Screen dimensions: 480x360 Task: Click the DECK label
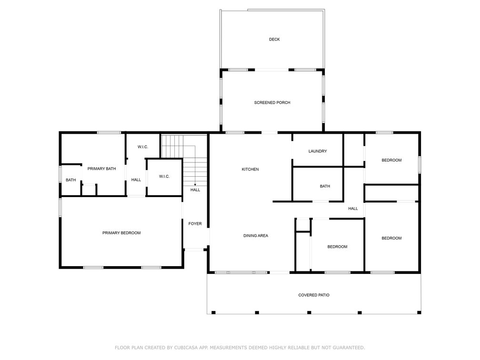274,39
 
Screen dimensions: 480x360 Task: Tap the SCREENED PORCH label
272,102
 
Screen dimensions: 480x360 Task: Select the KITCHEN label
250,170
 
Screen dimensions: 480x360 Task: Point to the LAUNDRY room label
318,151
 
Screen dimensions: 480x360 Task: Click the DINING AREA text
256,236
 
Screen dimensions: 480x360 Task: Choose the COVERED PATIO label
314,295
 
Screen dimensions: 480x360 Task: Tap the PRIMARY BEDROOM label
121,233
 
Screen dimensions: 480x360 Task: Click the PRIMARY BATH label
101,169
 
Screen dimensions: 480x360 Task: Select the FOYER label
195,224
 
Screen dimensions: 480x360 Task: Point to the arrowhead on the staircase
195,185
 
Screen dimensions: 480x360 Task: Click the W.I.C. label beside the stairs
164,177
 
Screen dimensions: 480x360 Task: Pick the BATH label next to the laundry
325,186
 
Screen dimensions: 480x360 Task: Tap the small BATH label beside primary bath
70,180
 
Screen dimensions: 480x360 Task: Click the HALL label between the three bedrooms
353,209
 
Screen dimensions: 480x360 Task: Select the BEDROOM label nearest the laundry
391,160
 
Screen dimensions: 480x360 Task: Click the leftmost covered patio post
214,312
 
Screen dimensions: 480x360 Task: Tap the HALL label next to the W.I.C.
136,180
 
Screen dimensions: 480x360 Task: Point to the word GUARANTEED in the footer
349,348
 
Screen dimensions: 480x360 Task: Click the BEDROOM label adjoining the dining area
337,247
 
